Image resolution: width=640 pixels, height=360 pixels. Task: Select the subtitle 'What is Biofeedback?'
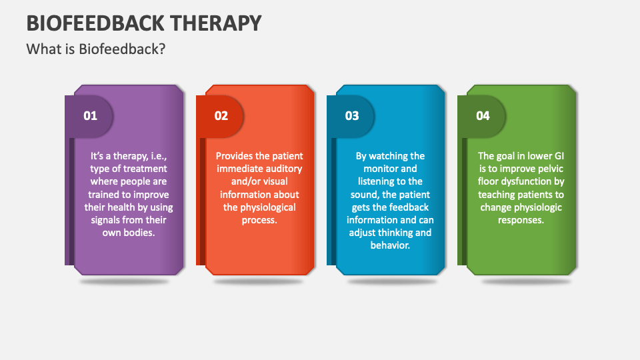95,49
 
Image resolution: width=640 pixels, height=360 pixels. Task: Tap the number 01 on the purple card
90,116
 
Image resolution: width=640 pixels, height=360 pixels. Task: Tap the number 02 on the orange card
221,116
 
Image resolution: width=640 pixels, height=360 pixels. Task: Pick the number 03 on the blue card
351,116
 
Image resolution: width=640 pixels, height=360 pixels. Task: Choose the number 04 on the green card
483,116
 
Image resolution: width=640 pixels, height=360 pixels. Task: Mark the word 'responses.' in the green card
521,220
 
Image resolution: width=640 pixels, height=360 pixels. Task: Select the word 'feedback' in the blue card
410,207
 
